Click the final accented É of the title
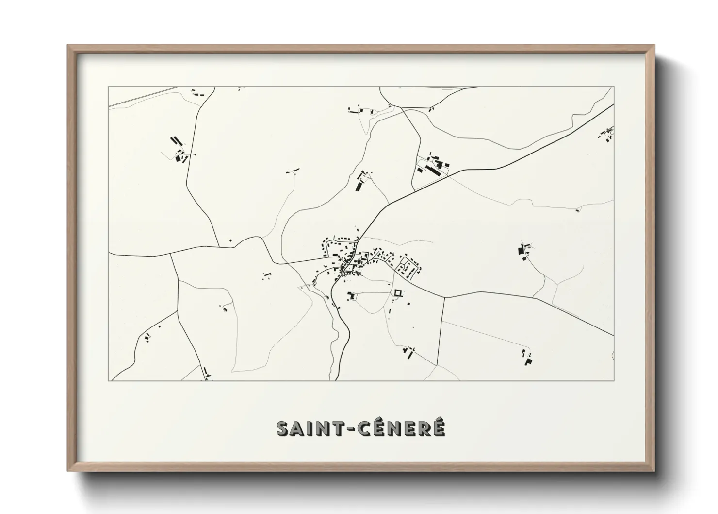point(438,428)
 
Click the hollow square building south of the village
point(398,293)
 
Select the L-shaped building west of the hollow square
point(352,295)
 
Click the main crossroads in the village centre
point(350,265)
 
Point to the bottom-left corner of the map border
point(109,380)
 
